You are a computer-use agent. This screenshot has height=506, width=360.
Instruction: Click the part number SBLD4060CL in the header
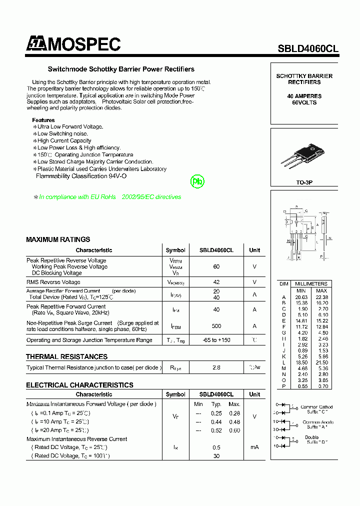pos(308,48)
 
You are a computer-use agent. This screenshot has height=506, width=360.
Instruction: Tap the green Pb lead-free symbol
pos(197,181)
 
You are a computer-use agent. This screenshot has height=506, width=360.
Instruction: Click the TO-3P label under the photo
pos(304,183)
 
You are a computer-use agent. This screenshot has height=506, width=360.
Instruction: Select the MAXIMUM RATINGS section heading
pos(58,239)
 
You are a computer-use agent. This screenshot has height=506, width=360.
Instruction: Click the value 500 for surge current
pos(216,326)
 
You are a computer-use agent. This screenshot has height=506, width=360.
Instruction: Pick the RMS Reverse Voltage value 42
pos(216,282)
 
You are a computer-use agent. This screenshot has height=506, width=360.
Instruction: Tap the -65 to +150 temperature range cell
pos(216,340)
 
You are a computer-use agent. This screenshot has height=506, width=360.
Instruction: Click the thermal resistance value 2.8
pos(216,367)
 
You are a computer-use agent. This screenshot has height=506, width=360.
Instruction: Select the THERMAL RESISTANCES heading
pos(66,356)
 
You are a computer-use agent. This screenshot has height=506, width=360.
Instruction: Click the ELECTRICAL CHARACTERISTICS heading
pos(79,385)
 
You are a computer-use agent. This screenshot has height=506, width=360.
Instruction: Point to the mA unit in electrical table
pos(254,447)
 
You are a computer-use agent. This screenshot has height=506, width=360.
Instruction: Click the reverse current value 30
pos(216,455)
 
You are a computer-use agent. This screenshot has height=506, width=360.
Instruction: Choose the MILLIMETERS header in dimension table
pos(311,283)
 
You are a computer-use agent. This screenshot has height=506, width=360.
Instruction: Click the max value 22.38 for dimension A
pos(321,297)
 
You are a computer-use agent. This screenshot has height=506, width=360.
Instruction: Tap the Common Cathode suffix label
pos(317,410)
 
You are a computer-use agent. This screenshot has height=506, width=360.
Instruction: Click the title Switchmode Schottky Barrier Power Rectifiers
pos(121,69)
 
